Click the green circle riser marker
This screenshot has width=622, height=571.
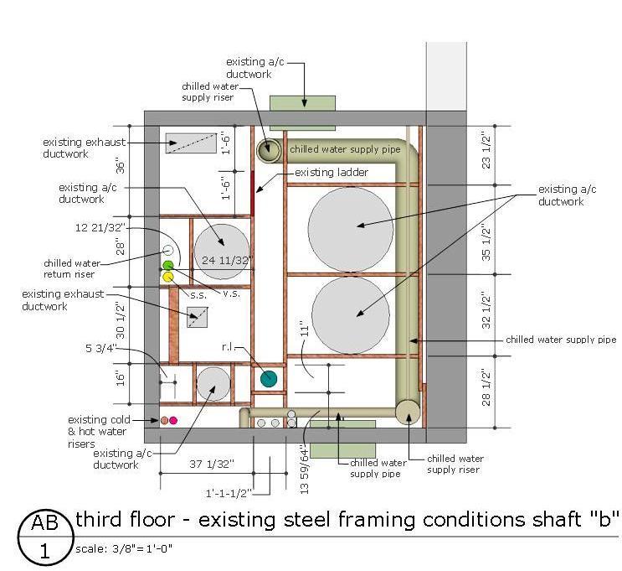point(168,265)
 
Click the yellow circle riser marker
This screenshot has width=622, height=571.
point(168,277)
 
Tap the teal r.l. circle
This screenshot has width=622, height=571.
point(269,378)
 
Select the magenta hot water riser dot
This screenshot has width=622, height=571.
point(173,420)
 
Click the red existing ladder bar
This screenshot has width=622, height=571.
point(252,194)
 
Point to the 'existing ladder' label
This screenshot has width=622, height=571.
point(332,173)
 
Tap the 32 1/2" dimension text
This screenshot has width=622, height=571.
point(486,312)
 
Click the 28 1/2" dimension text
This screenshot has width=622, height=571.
point(486,387)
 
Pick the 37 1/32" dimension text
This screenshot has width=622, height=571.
point(212,465)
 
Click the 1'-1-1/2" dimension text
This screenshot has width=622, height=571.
point(229,494)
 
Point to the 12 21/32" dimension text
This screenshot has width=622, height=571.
point(100,228)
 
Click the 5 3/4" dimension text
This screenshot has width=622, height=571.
point(100,349)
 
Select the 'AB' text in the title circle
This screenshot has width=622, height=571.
point(45,522)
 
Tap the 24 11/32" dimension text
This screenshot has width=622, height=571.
point(227,260)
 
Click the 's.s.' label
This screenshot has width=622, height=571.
point(198,295)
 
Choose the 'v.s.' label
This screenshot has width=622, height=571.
point(231,293)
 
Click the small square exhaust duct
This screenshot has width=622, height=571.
point(198,317)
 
